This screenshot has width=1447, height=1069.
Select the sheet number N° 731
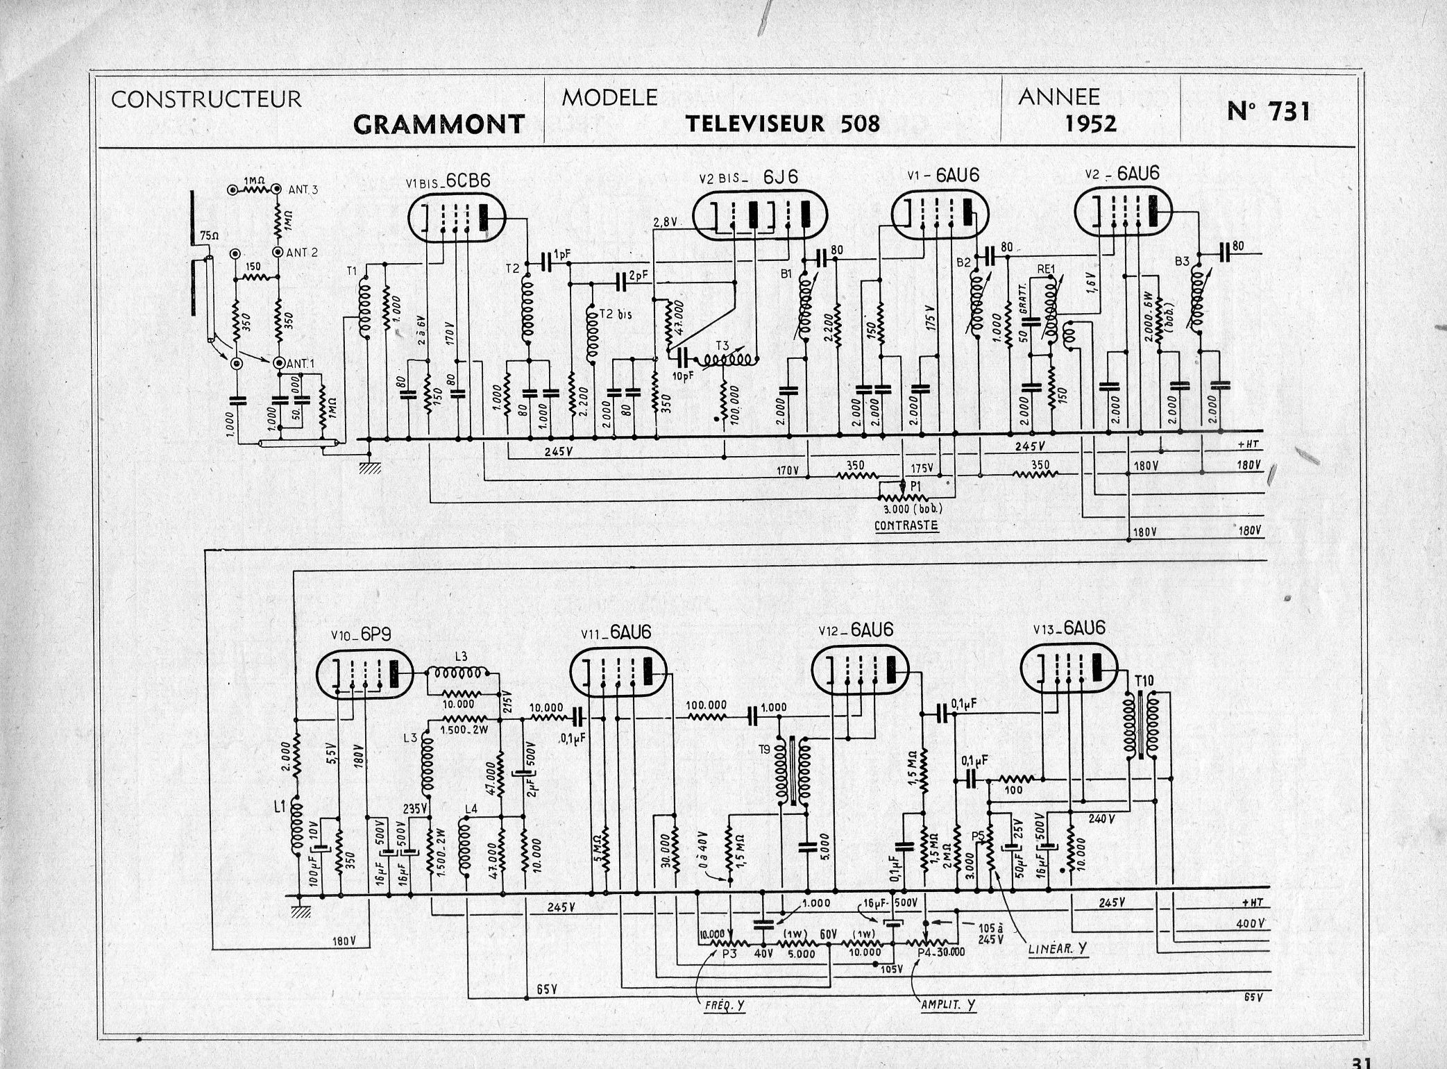click(x=1268, y=111)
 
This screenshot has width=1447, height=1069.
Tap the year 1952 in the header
click(x=1091, y=124)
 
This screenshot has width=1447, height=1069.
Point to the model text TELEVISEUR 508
click(x=782, y=124)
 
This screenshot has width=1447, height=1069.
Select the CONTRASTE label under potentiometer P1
click(x=906, y=525)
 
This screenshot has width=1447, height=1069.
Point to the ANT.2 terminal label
click(x=301, y=253)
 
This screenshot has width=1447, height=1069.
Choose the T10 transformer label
click(x=1144, y=680)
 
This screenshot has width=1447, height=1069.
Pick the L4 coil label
click(x=471, y=808)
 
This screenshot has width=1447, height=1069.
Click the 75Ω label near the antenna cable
click(x=209, y=236)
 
